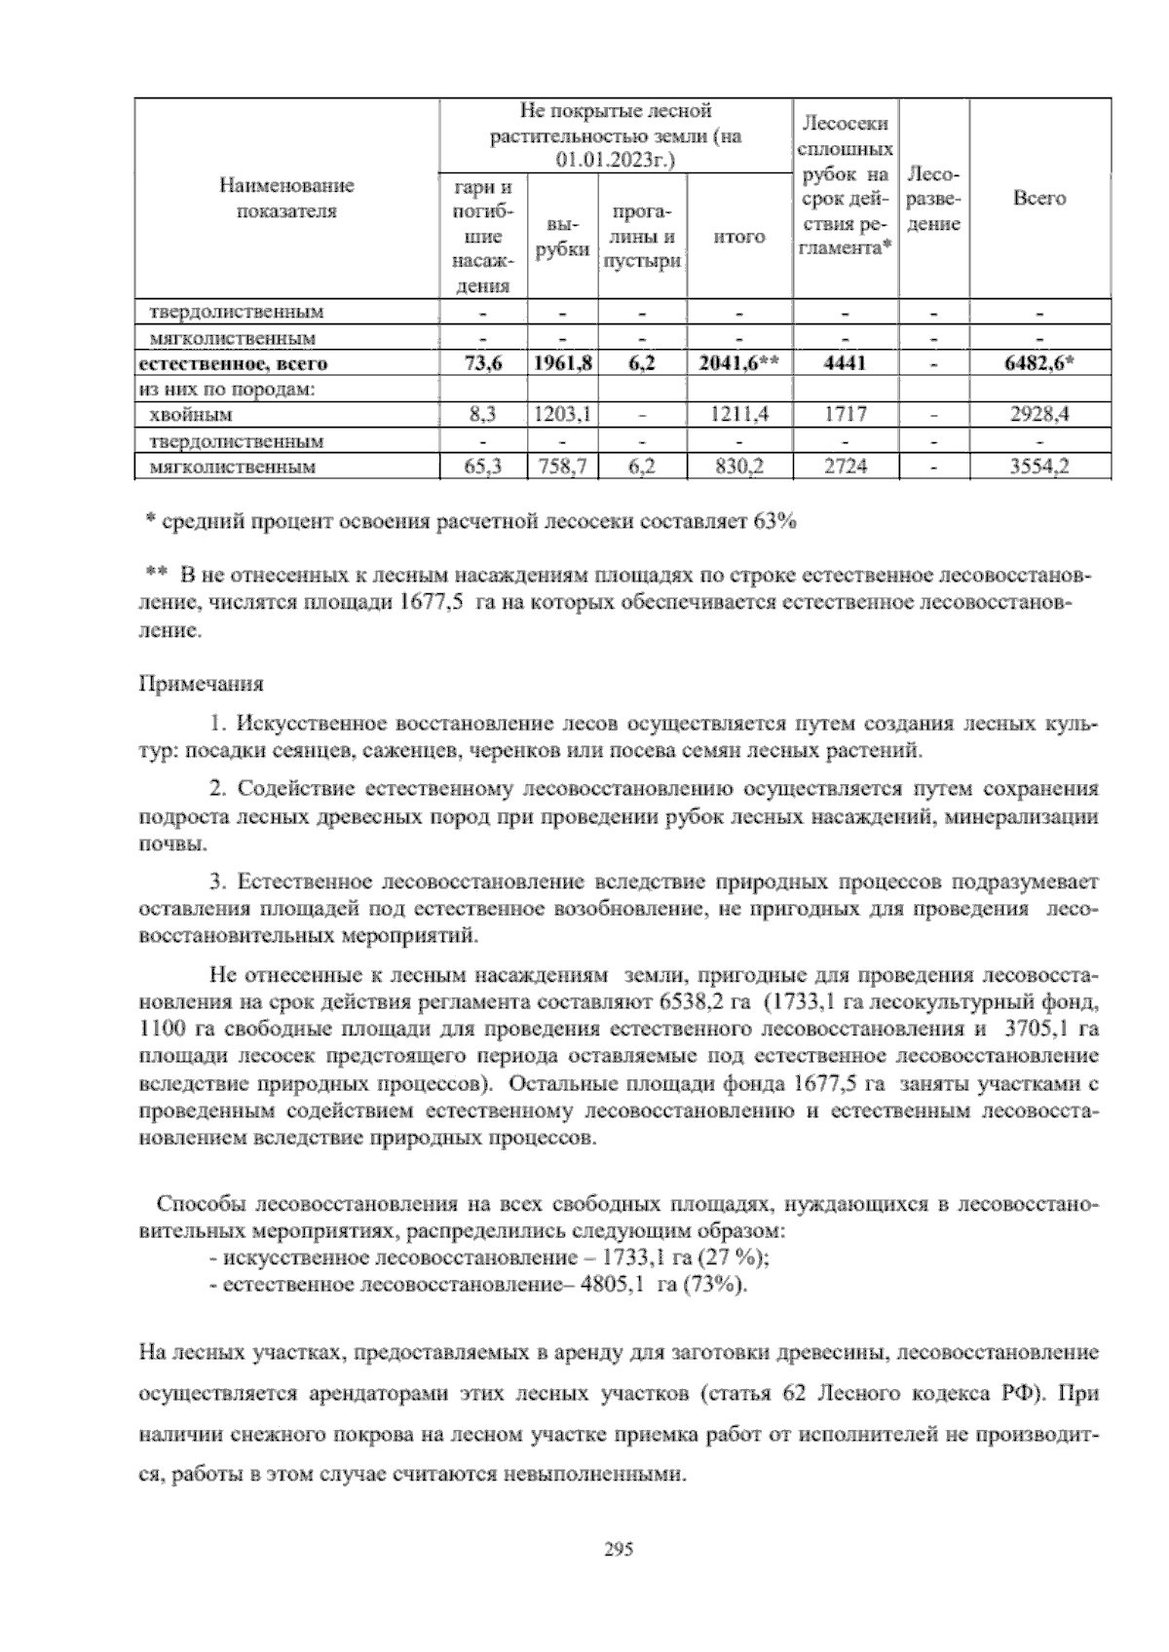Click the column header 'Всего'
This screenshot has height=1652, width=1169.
coord(1039,199)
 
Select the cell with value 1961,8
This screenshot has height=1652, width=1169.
coord(562,364)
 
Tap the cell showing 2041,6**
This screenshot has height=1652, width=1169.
coord(739,364)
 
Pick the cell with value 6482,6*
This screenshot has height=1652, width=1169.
coord(1039,364)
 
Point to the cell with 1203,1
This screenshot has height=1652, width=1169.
coord(562,415)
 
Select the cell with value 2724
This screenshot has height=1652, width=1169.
coord(845,467)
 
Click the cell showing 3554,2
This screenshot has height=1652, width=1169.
coord(1039,467)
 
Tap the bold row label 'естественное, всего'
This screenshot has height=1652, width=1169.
coord(234,364)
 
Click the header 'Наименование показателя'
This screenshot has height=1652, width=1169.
coord(286,198)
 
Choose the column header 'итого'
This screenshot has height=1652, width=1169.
coord(739,237)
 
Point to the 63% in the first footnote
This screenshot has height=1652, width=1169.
coord(775,522)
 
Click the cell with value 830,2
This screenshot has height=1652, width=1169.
coord(739,467)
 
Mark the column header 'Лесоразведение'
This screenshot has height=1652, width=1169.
coord(933,199)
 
